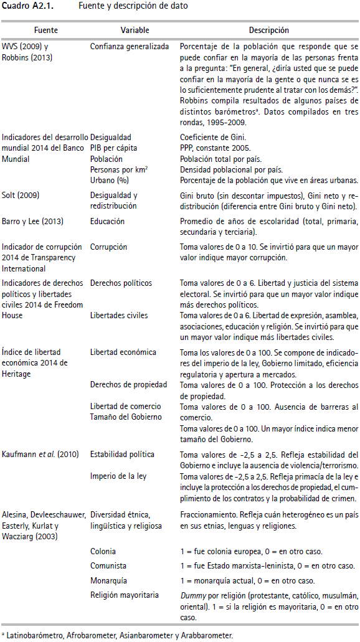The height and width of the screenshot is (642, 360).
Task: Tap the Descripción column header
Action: [268, 30]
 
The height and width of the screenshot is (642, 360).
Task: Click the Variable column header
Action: [135, 30]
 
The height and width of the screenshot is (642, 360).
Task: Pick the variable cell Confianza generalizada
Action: [129, 47]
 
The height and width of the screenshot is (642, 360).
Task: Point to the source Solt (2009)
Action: [21, 195]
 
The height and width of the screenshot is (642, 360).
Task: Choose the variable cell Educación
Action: [107, 221]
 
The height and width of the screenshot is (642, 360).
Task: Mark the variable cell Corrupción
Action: [108, 247]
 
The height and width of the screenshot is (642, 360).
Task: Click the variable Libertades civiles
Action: [119, 316]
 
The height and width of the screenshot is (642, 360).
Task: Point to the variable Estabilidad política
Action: [122, 454]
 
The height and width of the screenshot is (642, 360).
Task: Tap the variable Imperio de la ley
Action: [118, 476]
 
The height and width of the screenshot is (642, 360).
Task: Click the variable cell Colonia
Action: [103, 551]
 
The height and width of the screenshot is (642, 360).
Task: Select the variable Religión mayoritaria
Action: [124, 595]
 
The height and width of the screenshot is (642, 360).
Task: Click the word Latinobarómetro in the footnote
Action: [31, 635]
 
